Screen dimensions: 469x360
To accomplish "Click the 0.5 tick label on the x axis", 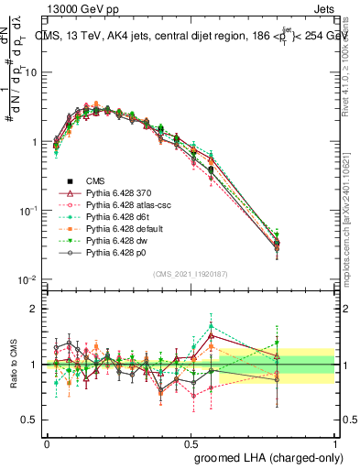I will (x=191, y=442).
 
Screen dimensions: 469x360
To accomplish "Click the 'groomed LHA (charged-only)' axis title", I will (x=265, y=456).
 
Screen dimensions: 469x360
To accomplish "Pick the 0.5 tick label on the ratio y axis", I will (x=30, y=420).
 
